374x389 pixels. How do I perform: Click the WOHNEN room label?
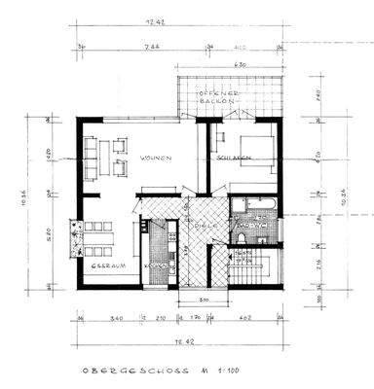pos(157,158)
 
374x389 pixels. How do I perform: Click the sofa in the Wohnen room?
pos(91,159)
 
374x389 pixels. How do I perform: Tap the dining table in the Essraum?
pos(96,232)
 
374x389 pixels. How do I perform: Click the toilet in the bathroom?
pos(241,234)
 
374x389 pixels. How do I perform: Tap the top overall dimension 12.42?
pos(180,18)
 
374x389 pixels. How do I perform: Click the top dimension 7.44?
pos(156,45)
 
